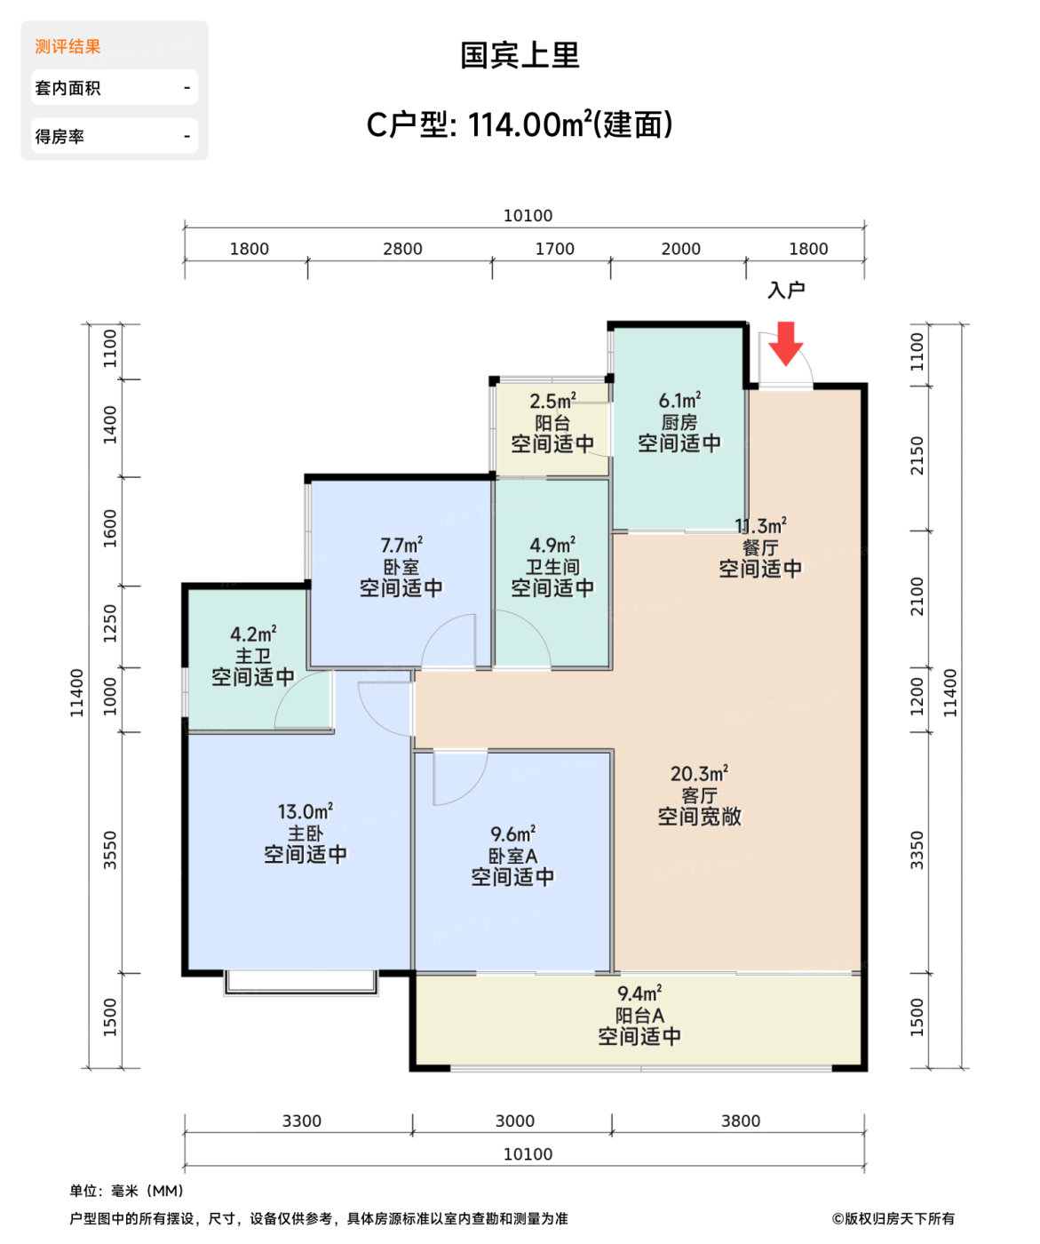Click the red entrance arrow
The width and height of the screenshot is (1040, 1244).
click(785, 343)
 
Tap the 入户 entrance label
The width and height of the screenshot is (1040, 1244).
click(786, 291)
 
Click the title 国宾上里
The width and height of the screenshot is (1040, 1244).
click(520, 56)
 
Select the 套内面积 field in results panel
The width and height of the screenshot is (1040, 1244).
click(114, 88)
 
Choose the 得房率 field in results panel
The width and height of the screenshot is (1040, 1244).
click(114, 137)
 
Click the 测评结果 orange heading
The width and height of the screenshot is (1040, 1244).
click(67, 47)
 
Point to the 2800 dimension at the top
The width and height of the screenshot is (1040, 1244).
click(402, 250)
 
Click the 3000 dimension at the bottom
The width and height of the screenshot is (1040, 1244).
click(514, 1121)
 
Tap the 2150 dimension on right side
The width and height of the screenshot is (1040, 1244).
click(917, 456)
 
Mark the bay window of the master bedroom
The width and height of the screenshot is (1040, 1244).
click(301, 982)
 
